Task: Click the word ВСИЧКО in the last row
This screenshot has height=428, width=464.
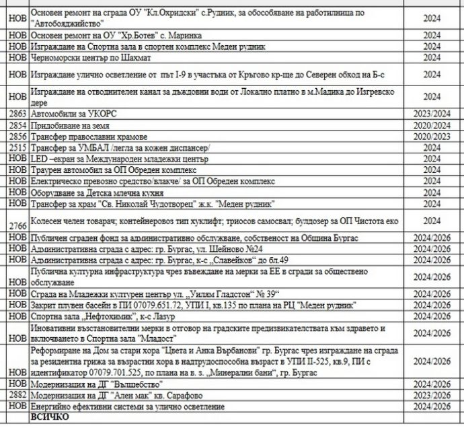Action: tap(50, 418)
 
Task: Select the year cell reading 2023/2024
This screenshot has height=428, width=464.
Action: tap(431, 114)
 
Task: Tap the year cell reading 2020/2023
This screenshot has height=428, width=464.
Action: tap(431, 136)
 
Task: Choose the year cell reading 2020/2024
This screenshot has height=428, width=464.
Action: tap(431, 125)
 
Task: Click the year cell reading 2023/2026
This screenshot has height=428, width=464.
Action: tap(431, 396)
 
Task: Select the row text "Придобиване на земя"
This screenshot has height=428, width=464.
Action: tap(71, 125)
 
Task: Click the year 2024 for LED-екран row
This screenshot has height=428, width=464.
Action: tap(431, 158)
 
